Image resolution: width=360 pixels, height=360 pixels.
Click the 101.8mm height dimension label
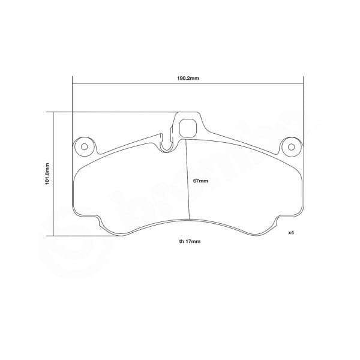click(x=47, y=173)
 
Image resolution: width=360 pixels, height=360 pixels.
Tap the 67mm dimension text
click(x=200, y=181)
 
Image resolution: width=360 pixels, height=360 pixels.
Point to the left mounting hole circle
click(x=84, y=146)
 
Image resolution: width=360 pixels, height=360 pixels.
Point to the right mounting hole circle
click(x=291, y=146)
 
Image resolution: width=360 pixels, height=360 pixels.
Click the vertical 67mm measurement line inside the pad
click(x=187, y=180)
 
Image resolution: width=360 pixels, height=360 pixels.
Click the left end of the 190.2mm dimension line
click(x=72, y=84)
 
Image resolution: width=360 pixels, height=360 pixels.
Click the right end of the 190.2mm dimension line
click(x=304, y=84)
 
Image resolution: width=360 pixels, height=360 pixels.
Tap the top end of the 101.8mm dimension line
click(x=53, y=112)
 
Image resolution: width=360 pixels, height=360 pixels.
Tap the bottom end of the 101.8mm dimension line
click(x=53, y=235)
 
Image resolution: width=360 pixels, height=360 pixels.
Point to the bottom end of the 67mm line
click(x=190, y=219)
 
